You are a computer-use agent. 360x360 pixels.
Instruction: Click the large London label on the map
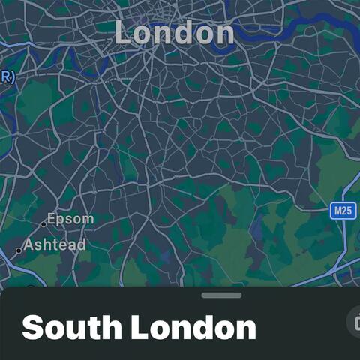(174, 32)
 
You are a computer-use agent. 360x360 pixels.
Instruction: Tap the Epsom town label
(70, 219)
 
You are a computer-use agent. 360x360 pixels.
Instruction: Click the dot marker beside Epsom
(43, 223)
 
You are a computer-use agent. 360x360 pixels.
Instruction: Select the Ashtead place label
(55, 244)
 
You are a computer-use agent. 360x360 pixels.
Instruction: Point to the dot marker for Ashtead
(19, 250)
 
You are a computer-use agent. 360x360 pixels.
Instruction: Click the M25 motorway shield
(342, 211)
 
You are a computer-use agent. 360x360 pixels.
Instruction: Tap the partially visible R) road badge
(7, 75)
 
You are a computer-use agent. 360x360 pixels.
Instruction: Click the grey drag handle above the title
(221, 295)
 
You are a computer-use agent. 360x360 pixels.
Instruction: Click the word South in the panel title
(70, 328)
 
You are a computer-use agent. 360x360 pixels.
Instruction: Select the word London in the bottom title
(193, 328)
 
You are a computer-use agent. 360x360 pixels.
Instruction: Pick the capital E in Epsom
(52, 219)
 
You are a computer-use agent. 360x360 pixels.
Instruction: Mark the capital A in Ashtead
(29, 244)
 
